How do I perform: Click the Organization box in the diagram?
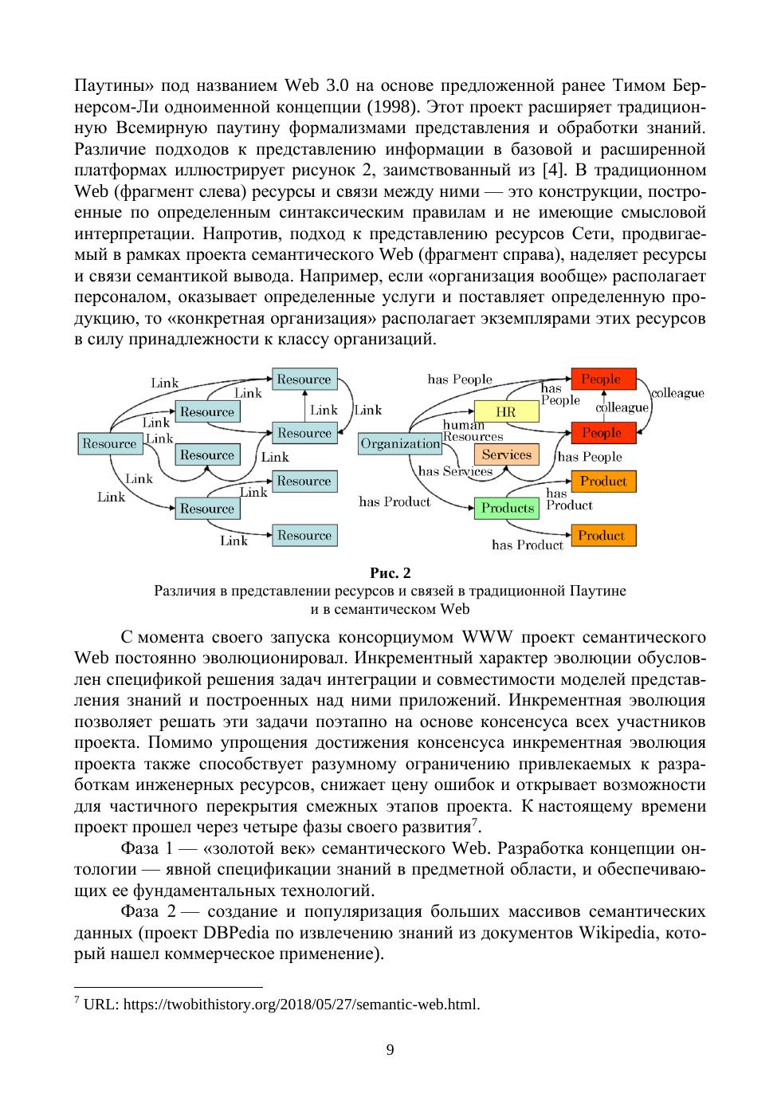400,444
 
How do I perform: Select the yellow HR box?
506,412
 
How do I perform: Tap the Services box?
506,454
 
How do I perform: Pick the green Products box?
507,508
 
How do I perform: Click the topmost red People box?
602,379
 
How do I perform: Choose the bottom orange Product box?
602,535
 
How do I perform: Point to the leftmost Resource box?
109,444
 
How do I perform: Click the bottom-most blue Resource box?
304,535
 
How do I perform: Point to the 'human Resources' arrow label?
472,431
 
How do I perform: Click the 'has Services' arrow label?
455,471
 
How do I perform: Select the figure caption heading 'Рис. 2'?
390,572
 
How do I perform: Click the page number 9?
390,1049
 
